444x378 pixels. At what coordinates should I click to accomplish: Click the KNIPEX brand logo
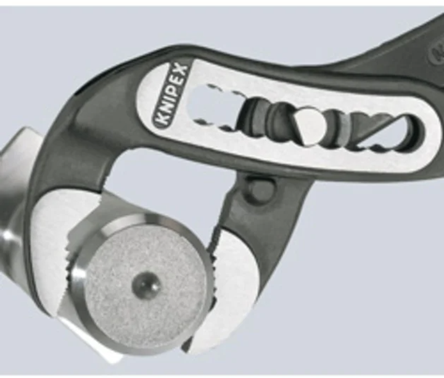(x=171, y=95)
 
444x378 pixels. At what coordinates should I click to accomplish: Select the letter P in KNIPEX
(x=173, y=91)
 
